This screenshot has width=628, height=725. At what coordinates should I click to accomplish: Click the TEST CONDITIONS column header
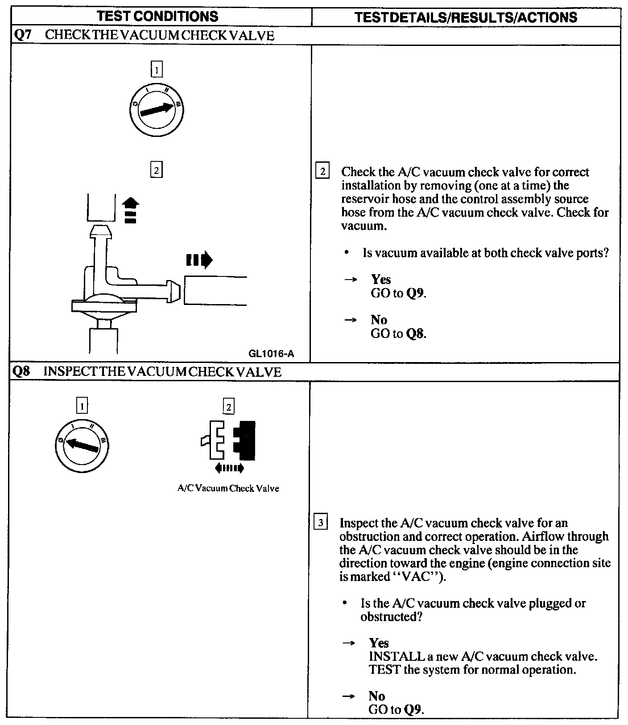coord(157,16)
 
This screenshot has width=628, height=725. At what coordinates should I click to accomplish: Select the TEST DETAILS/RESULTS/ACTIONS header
coord(466,17)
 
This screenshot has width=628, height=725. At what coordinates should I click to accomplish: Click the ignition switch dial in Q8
coord(82,445)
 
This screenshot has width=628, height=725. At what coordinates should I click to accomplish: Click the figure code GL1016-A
coord(271,354)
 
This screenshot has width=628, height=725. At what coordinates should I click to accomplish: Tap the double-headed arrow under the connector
coord(229,468)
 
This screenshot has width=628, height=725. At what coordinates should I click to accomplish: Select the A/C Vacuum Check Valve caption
coord(228,488)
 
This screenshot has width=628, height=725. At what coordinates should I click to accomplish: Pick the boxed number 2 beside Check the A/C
coord(322,172)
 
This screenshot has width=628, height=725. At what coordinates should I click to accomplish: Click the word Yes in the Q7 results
coord(381,280)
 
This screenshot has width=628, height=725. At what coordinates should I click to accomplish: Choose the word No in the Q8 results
coord(377,696)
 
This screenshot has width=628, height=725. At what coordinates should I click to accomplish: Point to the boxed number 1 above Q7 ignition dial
coord(156,70)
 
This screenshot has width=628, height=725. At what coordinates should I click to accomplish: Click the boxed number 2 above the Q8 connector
coord(228,407)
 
